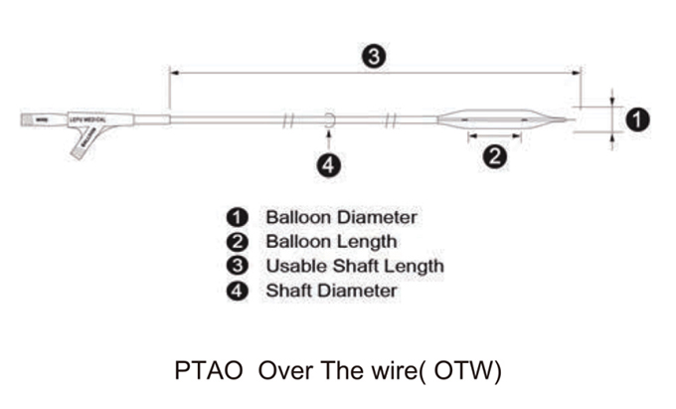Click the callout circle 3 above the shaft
372,57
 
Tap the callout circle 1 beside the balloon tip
636,119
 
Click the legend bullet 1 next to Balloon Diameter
239,216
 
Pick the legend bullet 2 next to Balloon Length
239,241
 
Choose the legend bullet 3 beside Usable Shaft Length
239,266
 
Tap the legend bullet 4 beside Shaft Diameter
239,291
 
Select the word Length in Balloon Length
366,241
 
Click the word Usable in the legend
294,266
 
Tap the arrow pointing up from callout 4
328,137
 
